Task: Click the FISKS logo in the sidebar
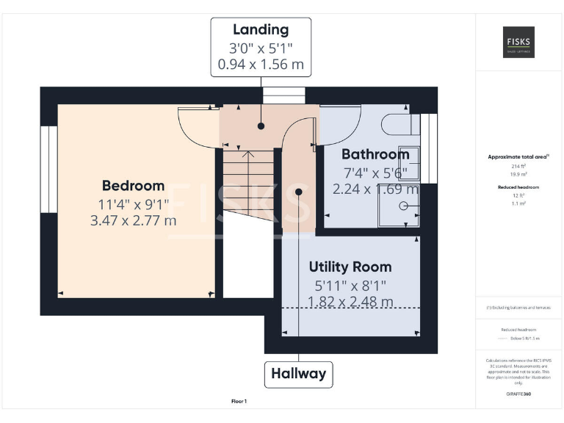coord(518,43)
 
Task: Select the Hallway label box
coord(298,374)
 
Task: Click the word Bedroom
coord(133,186)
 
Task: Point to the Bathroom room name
coord(375,154)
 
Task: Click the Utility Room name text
coord(350,267)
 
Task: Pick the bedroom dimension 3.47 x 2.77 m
coord(133,220)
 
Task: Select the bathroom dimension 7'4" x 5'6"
coord(375,173)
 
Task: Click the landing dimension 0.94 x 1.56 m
coord(261,65)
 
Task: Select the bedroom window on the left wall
coord(48,169)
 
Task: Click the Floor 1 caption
coord(239,402)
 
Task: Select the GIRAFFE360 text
coord(518,394)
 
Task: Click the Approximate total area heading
coord(518,157)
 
